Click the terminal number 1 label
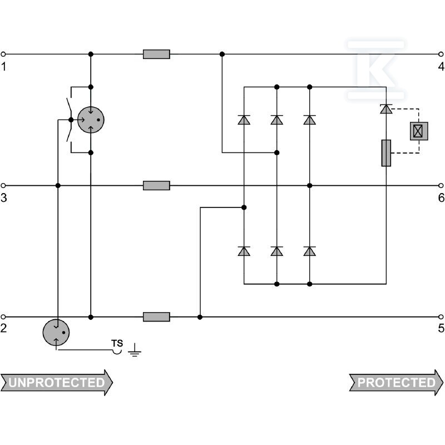(3, 67)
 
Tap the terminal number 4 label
(441, 66)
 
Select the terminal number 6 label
(441, 198)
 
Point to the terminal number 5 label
(441, 328)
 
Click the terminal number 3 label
(4, 198)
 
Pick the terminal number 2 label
(3, 328)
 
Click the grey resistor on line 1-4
(156, 54)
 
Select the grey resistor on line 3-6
(156, 186)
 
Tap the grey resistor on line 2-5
(156, 317)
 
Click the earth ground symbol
(135, 350)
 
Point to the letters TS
(117, 343)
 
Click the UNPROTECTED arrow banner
(57, 383)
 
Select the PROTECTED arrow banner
(396, 383)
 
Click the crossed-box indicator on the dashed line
(419, 131)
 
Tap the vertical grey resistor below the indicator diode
(386, 153)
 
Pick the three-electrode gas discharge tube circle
(91, 120)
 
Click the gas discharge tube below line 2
(56, 332)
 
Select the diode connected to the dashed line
(386, 109)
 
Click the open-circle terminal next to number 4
(441, 54)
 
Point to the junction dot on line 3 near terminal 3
(58, 186)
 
